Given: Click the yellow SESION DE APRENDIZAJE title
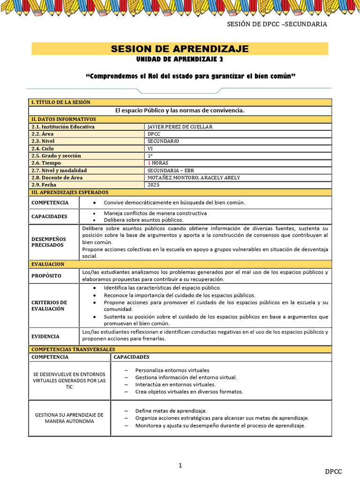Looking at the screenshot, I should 180,49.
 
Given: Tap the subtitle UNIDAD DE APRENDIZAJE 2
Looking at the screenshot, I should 180,60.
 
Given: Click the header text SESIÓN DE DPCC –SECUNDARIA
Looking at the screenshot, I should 277,24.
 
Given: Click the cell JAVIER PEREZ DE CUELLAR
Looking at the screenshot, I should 180,127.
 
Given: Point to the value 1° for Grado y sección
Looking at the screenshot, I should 150,156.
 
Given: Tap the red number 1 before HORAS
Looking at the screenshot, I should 149,163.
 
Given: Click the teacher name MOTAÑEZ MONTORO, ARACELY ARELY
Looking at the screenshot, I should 194,178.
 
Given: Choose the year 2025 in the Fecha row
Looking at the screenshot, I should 153,185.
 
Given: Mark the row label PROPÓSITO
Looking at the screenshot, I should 46,276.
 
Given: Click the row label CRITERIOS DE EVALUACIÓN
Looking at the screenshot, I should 49,306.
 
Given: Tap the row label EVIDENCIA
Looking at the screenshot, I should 45,336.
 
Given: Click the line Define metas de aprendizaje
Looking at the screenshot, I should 171,411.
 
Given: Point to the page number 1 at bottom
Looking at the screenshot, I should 180,465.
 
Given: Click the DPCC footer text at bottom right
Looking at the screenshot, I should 334,471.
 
